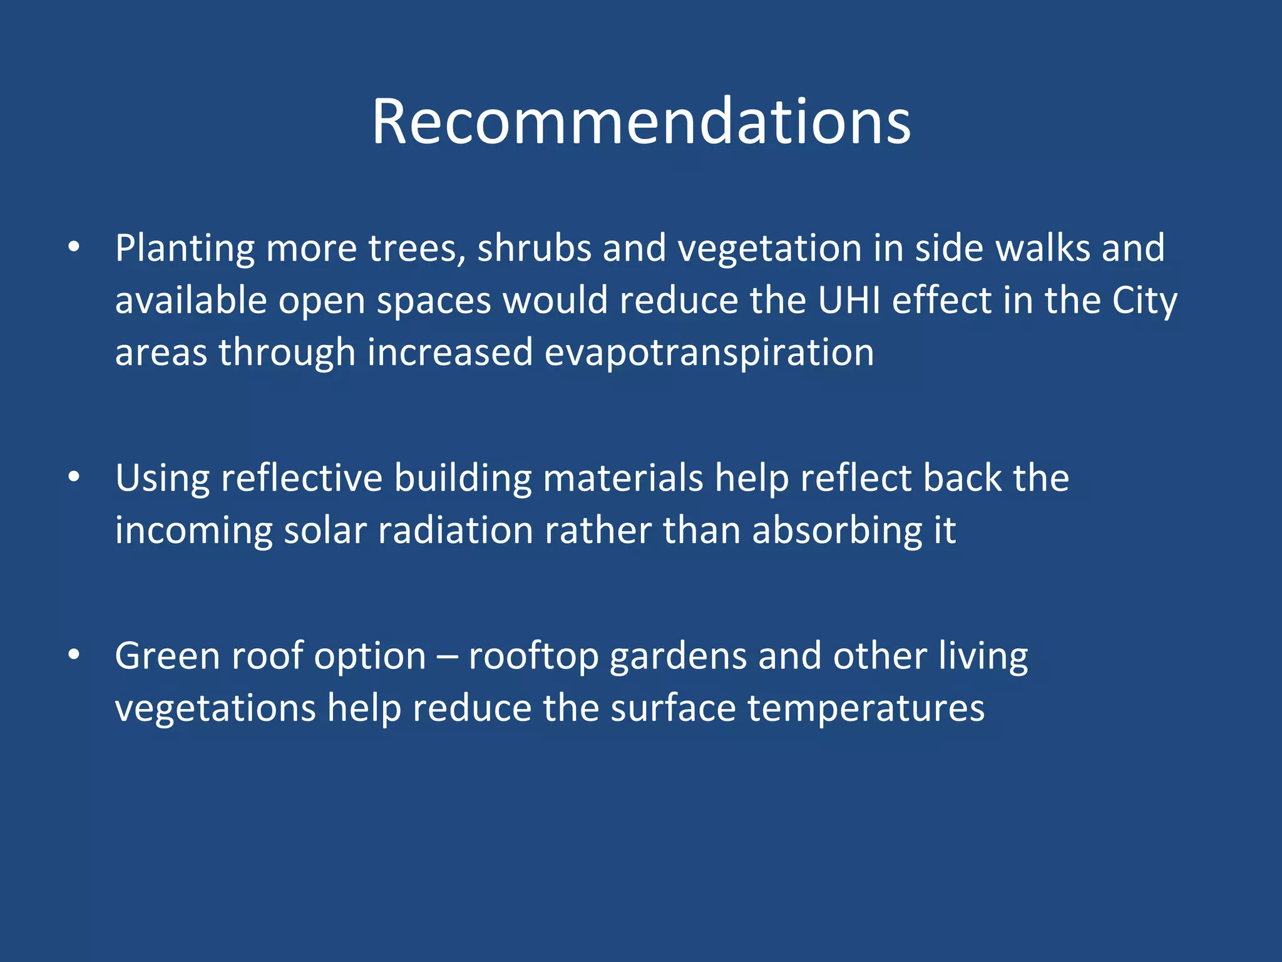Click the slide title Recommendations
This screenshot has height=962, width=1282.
click(641, 122)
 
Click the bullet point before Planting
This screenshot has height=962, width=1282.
click(74, 247)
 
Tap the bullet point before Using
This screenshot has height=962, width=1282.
click(74, 478)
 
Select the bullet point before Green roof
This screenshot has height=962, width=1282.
click(74, 655)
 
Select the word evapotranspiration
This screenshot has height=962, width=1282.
click(709, 353)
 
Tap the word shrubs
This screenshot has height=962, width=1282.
click(534, 248)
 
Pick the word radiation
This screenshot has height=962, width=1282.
click(455, 531)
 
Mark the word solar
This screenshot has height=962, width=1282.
click(324, 531)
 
